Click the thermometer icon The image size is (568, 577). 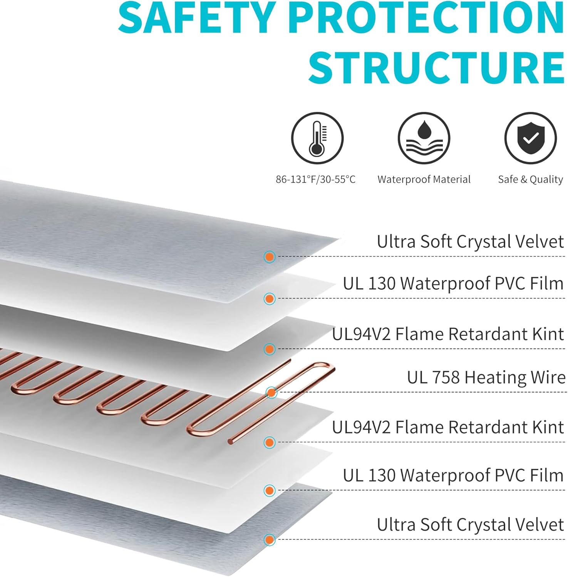coord(317,138)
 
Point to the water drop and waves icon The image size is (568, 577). coord(424,138)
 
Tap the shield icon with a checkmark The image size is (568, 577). coord(531,138)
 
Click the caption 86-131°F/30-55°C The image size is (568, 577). coord(316,179)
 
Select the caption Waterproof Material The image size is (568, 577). coord(424,179)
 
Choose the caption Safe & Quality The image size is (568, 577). coord(530,179)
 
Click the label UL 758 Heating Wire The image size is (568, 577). coord(486,377)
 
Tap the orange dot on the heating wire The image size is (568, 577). coord(271,393)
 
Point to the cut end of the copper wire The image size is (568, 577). coord(230,443)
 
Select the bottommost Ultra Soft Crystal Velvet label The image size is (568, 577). coord(470,524)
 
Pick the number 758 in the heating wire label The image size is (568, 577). coord(446,377)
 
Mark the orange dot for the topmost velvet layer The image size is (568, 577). coord(270,257)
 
